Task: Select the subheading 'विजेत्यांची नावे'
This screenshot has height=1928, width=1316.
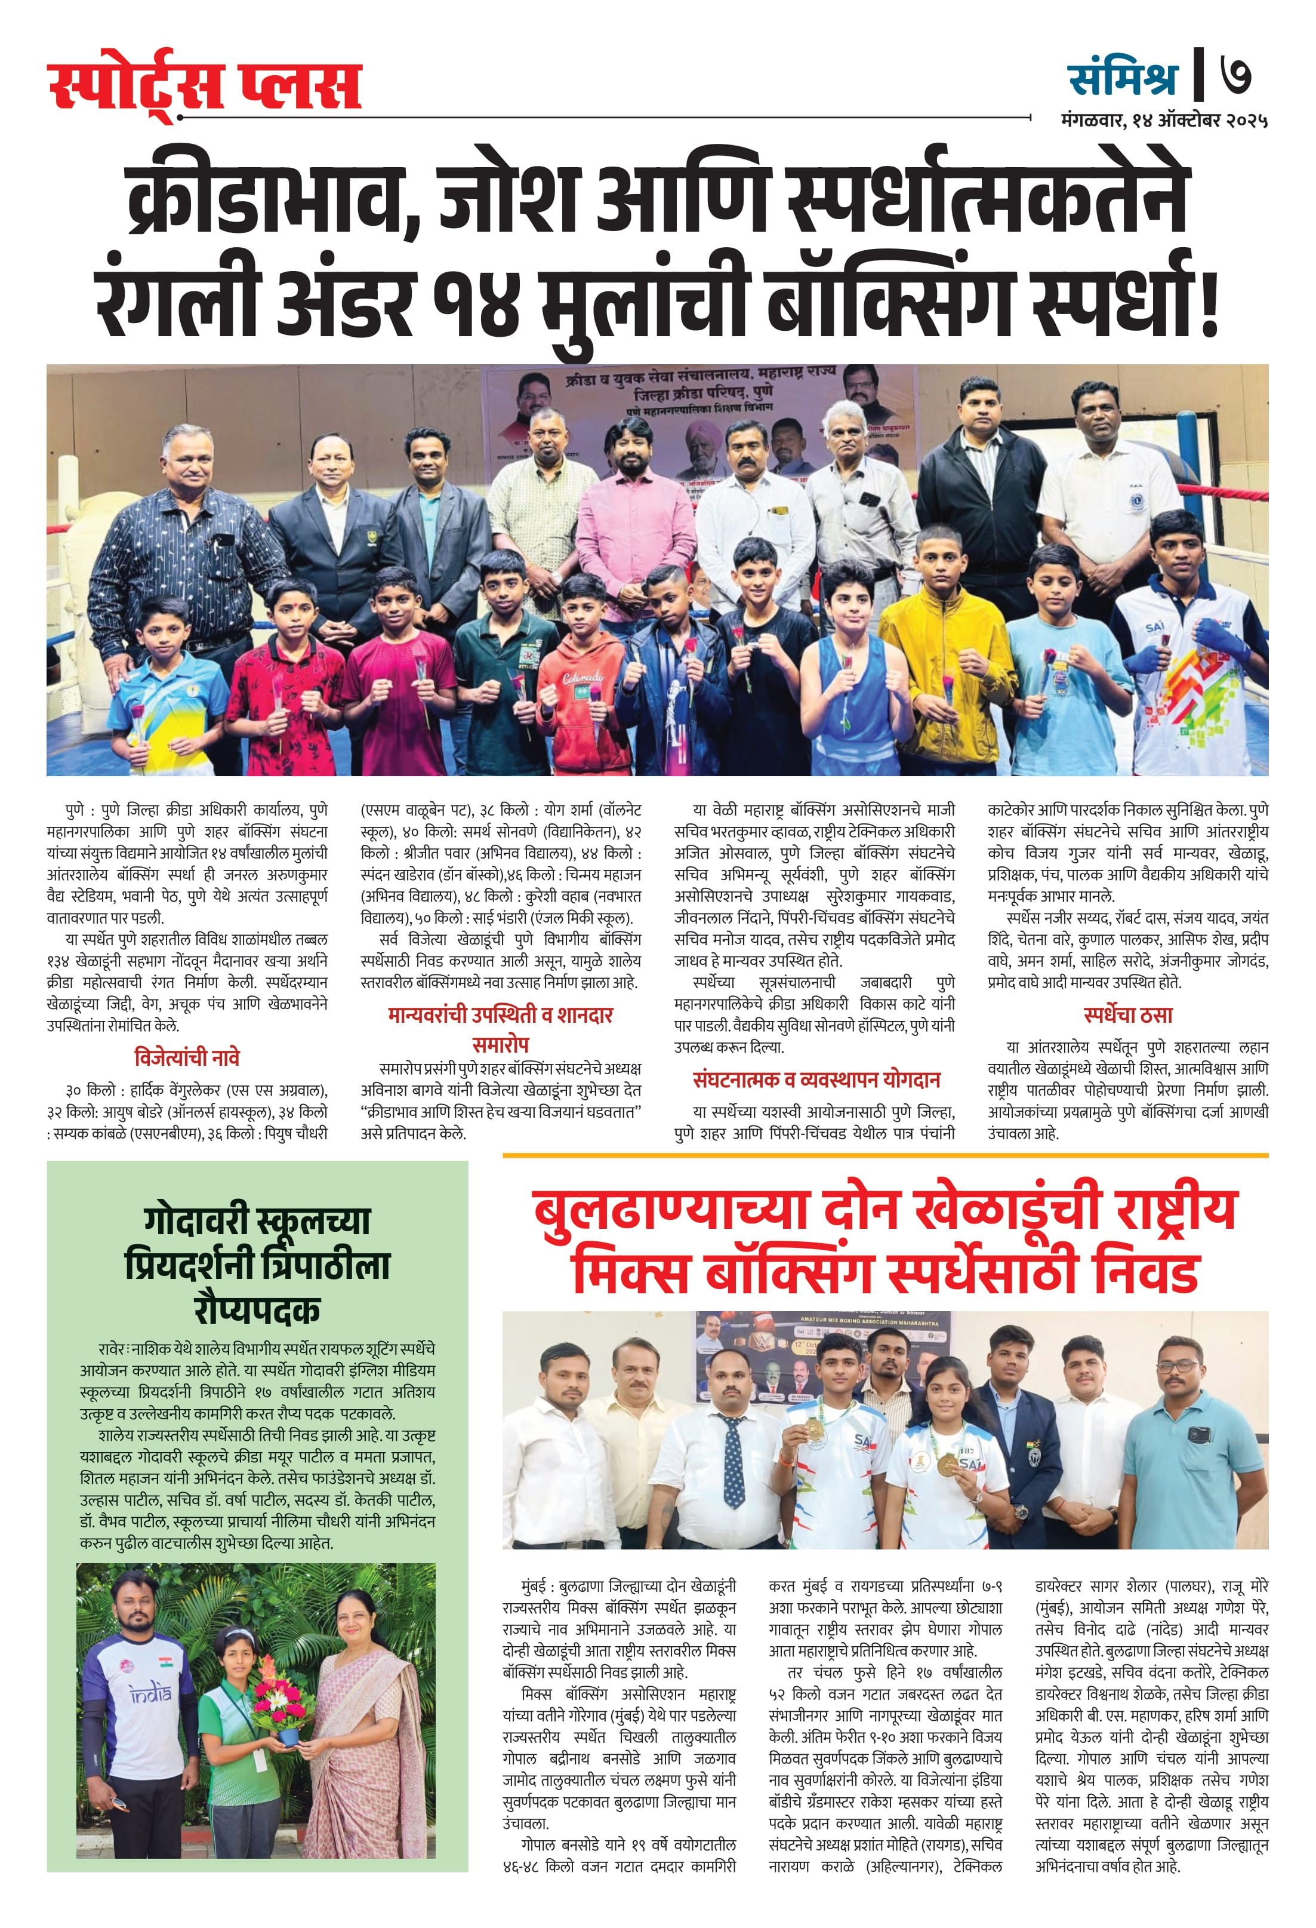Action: point(187,1058)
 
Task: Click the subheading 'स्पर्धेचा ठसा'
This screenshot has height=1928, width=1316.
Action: point(1128,1014)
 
